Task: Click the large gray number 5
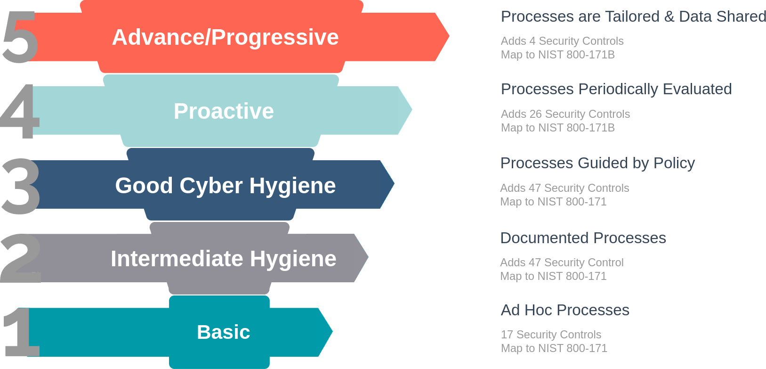[x=20, y=37]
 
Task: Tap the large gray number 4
[x=20, y=111]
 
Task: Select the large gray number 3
[x=21, y=186]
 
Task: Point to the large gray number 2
[x=21, y=258]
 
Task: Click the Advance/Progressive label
[x=226, y=37]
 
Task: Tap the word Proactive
[x=224, y=111]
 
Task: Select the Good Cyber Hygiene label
[x=226, y=186]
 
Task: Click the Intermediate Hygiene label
[x=223, y=259]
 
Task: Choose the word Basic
[x=223, y=332]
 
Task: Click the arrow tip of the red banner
[x=449, y=36]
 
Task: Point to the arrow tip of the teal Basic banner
[x=332, y=332]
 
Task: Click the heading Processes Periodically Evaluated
[x=616, y=90]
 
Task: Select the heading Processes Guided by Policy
[x=597, y=163]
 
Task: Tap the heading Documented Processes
[x=583, y=238]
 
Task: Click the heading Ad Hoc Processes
[x=565, y=310]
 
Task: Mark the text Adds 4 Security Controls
[x=562, y=41]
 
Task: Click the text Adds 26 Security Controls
[x=565, y=114]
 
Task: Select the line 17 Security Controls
[x=551, y=335]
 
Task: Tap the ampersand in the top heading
[x=669, y=17]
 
